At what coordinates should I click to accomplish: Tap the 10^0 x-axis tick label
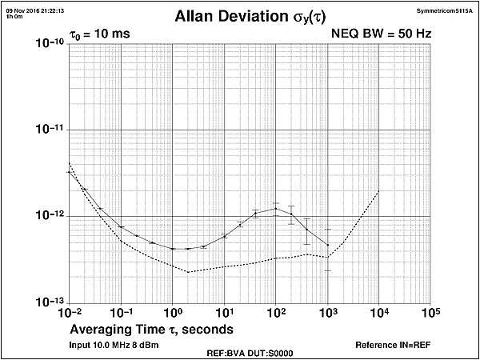click(173, 311)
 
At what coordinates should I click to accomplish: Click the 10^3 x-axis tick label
click(327, 311)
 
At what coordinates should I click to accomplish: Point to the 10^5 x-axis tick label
click(430, 311)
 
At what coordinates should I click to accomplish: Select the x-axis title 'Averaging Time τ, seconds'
click(152, 329)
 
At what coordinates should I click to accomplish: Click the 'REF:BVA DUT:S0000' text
click(239, 352)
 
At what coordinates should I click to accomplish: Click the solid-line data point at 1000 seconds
click(327, 244)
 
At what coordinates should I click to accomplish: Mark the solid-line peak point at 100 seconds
click(275, 209)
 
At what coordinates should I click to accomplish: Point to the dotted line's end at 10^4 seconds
click(378, 191)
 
